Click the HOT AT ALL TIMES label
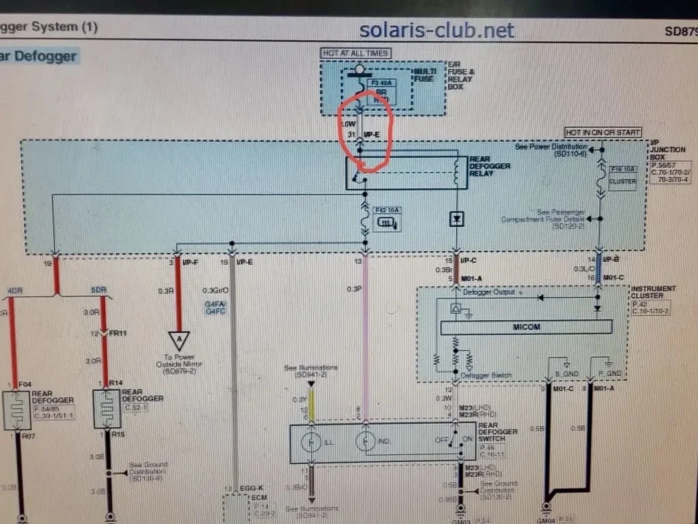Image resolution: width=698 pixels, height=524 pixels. tap(355, 53)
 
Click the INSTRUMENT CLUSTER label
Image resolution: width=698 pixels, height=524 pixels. tap(653, 293)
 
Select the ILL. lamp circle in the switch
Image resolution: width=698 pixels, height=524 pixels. tap(311, 442)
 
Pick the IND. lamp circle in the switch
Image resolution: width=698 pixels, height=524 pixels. tap(366, 442)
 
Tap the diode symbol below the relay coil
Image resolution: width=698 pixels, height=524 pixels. tap(455, 219)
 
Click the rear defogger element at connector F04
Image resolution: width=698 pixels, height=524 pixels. tap(16, 410)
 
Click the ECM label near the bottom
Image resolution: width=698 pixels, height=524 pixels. tap(258, 499)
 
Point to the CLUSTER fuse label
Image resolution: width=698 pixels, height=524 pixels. tap(622, 182)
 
